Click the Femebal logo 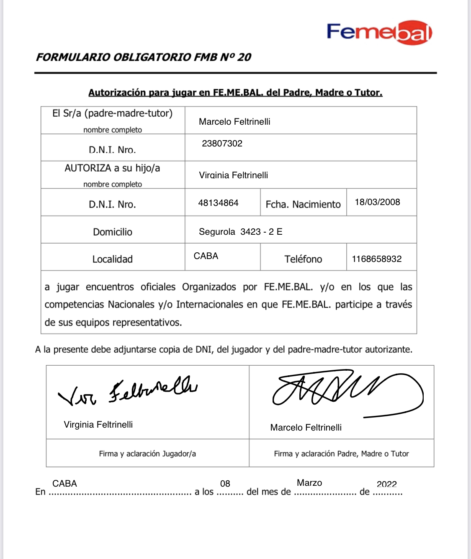click(x=379, y=32)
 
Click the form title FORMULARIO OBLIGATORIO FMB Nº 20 click(x=144, y=57)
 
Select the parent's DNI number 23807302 click(x=222, y=144)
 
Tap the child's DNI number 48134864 click(x=218, y=203)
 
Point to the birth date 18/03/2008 click(x=377, y=202)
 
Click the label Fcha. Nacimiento click(x=303, y=204)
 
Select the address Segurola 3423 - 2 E click(x=240, y=232)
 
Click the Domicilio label click(x=113, y=232)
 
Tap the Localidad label click(x=112, y=259)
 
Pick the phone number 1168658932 click(x=376, y=259)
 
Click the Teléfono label click(x=303, y=259)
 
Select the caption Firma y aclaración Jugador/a click(x=147, y=454)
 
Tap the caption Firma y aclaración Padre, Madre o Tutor click(x=341, y=454)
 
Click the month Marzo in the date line click(x=309, y=483)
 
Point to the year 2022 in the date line click(x=386, y=484)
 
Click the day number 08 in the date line click(x=225, y=484)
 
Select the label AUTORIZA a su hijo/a click(x=112, y=168)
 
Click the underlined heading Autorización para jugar click(x=235, y=92)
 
